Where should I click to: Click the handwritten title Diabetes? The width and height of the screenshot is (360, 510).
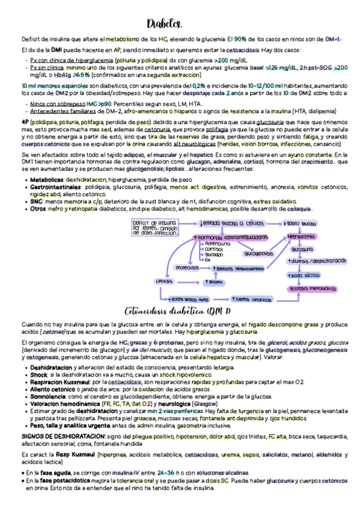(x=164, y=24)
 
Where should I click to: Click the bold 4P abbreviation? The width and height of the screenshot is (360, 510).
(x=25, y=121)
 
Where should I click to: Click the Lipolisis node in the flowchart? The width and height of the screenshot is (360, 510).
(x=164, y=281)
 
